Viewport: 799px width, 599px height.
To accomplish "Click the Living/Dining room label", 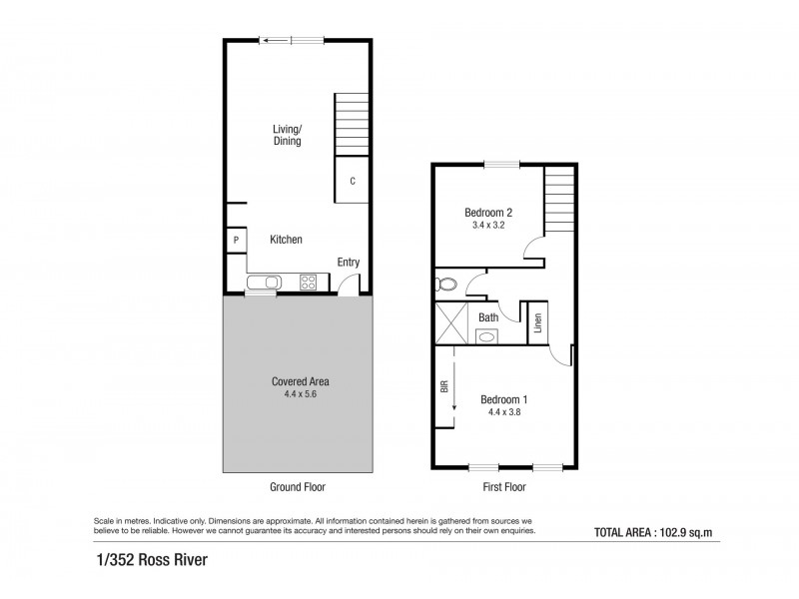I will [x=288, y=135].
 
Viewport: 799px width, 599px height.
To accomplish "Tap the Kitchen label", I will [x=286, y=240].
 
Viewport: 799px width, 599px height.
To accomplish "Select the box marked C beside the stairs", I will [x=353, y=181].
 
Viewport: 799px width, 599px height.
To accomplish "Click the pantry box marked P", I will [x=236, y=241].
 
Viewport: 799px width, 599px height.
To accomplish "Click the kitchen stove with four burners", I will [x=310, y=282].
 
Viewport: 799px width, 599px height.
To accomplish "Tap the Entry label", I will [x=348, y=263].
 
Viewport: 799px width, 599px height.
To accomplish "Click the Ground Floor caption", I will [x=297, y=487].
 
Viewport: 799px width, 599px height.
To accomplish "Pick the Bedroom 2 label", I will [x=488, y=212].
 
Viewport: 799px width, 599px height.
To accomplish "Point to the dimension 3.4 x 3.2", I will [x=488, y=226].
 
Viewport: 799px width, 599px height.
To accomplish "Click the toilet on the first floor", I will [x=446, y=285].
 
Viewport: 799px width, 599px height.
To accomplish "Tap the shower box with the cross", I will [x=450, y=325].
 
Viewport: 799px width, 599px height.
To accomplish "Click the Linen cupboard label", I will [x=538, y=322].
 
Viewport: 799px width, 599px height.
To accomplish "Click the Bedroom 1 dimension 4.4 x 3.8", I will [x=503, y=412].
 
